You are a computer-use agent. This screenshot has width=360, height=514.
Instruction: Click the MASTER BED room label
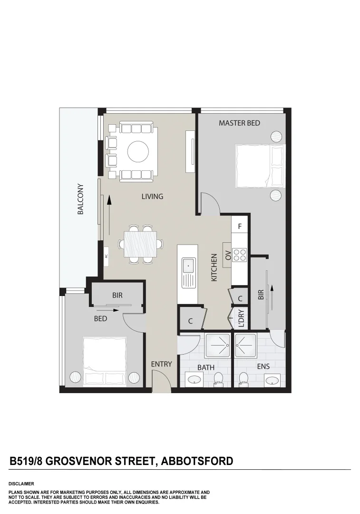pyautogui.click(x=239, y=123)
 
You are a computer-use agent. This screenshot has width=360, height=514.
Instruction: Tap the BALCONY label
pyautogui.click(x=80, y=199)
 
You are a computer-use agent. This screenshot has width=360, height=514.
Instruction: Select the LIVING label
pyautogui.click(x=152, y=196)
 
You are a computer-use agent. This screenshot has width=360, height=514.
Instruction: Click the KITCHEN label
pyautogui.click(x=214, y=267)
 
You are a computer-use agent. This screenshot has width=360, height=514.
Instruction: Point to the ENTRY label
pyautogui.click(x=161, y=364)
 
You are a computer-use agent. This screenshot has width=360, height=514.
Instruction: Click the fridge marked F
pyautogui.click(x=240, y=227)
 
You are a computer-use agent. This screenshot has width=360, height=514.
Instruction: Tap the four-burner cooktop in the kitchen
pyautogui.click(x=240, y=255)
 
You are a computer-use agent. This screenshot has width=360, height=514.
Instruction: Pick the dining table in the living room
pyautogui.click(x=140, y=244)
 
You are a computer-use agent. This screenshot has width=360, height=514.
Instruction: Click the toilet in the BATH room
pyautogui.click(x=218, y=379)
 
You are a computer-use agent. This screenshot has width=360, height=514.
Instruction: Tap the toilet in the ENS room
pyautogui.click(x=244, y=379)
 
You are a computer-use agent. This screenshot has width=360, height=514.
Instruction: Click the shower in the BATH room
pyautogui.click(x=218, y=345)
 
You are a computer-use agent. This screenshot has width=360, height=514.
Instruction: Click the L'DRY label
pyautogui.click(x=241, y=319)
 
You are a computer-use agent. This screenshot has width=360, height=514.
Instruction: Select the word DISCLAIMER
pyautogui.click(x=21, y=484)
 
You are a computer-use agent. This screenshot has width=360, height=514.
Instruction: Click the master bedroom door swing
pyautogui.click(x=209, y=204)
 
